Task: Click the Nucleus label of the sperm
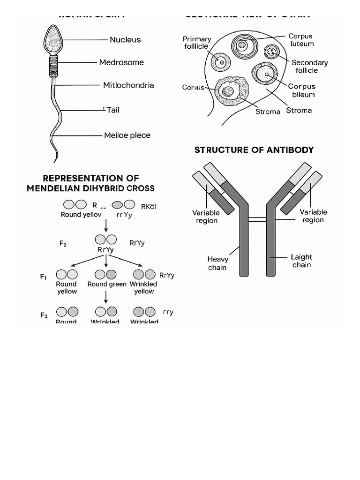[x=125, y=40]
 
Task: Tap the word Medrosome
[x=121, y=62]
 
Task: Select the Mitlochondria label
[x=128, y=85]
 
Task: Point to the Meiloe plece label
[x=127, y=135]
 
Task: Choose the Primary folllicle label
[x=197, y=43]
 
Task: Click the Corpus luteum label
[x=301, y=40]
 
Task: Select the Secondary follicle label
[x=309, y=67]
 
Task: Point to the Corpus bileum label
[x=302, y=90]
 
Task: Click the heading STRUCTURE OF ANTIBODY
[x=254, y=150]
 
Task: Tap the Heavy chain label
[x=217, y=263]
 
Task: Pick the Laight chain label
[x=301, y=261]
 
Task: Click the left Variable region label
[x=206, y=217]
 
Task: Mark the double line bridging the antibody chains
[x=257, y=219]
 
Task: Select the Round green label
[x=107, y=284]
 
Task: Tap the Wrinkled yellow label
[x=144, y=288]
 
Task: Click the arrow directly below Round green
[x=106, y=297]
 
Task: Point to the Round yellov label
[x=81, y=215]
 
